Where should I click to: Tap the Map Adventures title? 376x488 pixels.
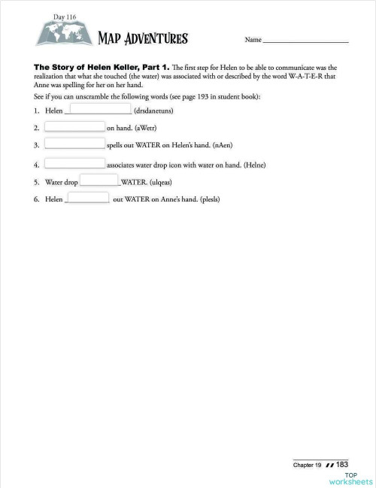(143, 38)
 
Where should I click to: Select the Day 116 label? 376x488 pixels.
(65, 16)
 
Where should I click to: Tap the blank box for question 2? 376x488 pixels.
(74, 127)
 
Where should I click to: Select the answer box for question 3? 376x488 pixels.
(74, 144)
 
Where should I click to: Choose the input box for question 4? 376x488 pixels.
(74, 163)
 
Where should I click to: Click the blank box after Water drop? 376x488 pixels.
(99, 180)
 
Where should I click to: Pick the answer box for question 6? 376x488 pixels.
(89, 198)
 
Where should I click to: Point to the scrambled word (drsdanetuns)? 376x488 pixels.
(154, 112)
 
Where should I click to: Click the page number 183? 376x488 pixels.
(341, 465)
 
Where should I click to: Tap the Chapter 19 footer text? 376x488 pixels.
(308, 465)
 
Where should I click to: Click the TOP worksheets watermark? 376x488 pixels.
(351, 478)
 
